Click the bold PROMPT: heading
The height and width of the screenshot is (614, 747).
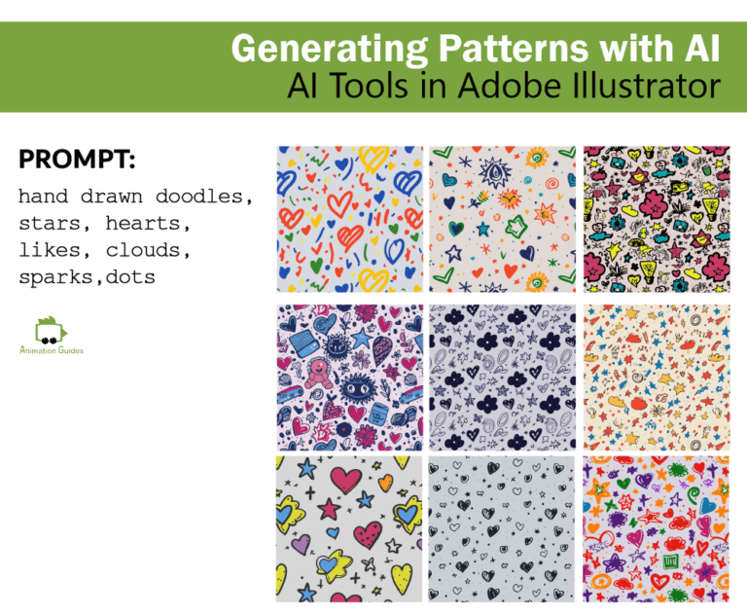(x=77, y=160)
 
